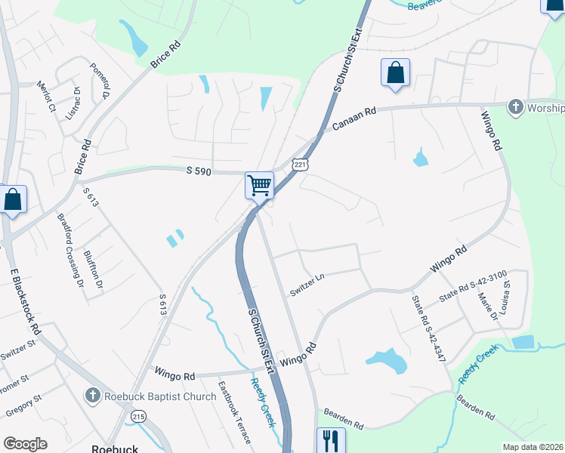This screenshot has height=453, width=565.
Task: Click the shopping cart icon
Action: coord(259,185)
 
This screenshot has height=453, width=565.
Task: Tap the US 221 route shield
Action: coord(300,164)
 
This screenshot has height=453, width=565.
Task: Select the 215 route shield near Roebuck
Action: coord(138,415)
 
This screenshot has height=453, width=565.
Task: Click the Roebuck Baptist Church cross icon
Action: coord(92,395)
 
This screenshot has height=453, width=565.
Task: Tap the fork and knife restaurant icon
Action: coord(330,440)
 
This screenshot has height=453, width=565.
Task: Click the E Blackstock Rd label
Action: coord(25,302)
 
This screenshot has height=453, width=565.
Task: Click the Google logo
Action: coord(25,444)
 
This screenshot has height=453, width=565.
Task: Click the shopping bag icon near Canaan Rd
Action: coord(395,73)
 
